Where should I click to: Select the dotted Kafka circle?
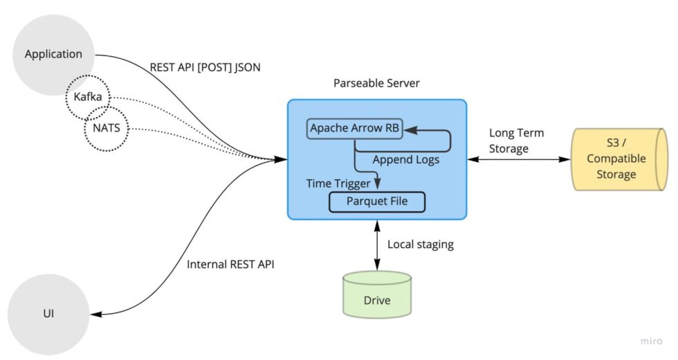click(x=88, y=98)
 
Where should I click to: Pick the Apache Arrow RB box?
click(x=356, y=129)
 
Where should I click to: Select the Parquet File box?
click(x=376, y=202)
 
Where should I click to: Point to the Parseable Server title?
click(x=376, y=83)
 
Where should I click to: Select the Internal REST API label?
click(x=231, y=264)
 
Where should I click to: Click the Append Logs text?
click(x=405, y=160)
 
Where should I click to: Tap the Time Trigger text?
click(x=338, y=183)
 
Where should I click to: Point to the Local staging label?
click(x=420, y=244)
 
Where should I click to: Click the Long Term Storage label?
click(x=516, y=140)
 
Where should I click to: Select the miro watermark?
click(x=651, y=341)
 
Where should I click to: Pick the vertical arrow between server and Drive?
click(x=377, y=246)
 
